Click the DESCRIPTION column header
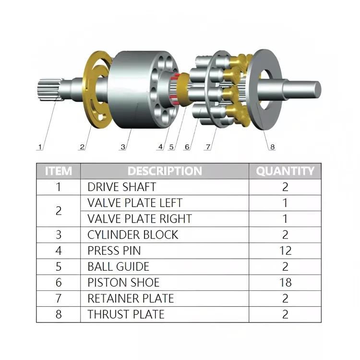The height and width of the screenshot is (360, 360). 165,171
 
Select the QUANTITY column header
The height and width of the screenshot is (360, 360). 285,171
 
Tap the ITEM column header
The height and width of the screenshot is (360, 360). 59,171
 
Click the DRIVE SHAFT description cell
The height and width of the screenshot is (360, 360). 121,187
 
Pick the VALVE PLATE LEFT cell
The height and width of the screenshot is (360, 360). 135,203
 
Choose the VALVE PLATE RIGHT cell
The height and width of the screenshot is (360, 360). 139,219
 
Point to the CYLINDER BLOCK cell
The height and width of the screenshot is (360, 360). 132,235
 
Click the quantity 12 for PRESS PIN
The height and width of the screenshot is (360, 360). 285,251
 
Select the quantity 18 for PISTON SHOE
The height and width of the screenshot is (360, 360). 285,282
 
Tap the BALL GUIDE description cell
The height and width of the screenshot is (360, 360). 118,266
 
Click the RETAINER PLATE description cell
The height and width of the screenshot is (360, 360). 131,298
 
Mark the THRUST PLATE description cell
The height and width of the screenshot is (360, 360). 126,314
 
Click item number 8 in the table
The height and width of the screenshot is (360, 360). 59,314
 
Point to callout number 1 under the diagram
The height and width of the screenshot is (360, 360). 40,146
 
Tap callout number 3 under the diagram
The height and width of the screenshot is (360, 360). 123,146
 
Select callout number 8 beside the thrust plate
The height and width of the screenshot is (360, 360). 272,147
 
